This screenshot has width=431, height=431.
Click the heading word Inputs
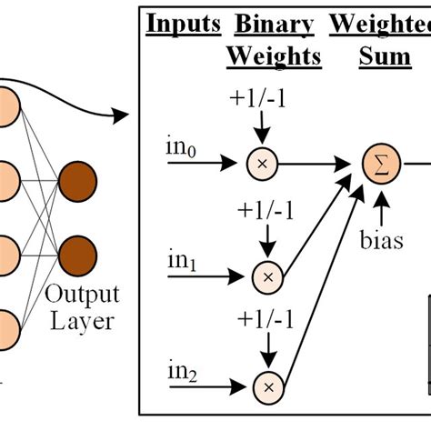click(183, 24)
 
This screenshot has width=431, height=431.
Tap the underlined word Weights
click(274, 56)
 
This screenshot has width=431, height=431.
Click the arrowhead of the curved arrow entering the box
click(123, 115)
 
